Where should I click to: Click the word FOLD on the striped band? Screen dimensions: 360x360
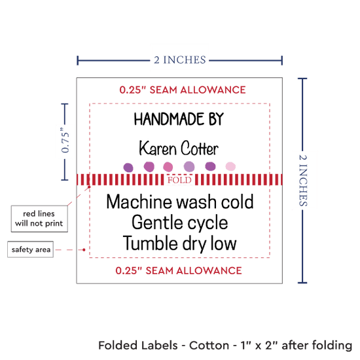click(x=179, y=180)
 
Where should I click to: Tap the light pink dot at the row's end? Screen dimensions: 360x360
click(x=230, y=166)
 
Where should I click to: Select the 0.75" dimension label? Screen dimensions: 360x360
click(x=65, y=141)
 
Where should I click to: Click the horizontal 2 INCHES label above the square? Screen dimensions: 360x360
click(x=180, y=60)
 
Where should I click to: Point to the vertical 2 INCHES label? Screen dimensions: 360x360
click(x=303, y=180)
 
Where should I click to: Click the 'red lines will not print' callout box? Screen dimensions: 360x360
click(x=39, y=219)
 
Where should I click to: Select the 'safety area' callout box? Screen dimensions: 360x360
click(x=31, y=249)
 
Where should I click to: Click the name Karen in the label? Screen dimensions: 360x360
click(x=158, y=149)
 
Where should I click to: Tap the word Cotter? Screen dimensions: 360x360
click(x=199, y=149)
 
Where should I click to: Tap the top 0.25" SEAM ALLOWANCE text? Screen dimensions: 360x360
click(x=183, y=90)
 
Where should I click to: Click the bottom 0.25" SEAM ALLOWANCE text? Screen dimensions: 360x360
click(x=179, y=270)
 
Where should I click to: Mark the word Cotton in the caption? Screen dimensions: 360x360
click(x=209, y=345)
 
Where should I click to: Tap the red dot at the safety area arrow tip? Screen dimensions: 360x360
click(x=84, y=249)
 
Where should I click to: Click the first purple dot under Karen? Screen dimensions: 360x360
click(x=128, y=168)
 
